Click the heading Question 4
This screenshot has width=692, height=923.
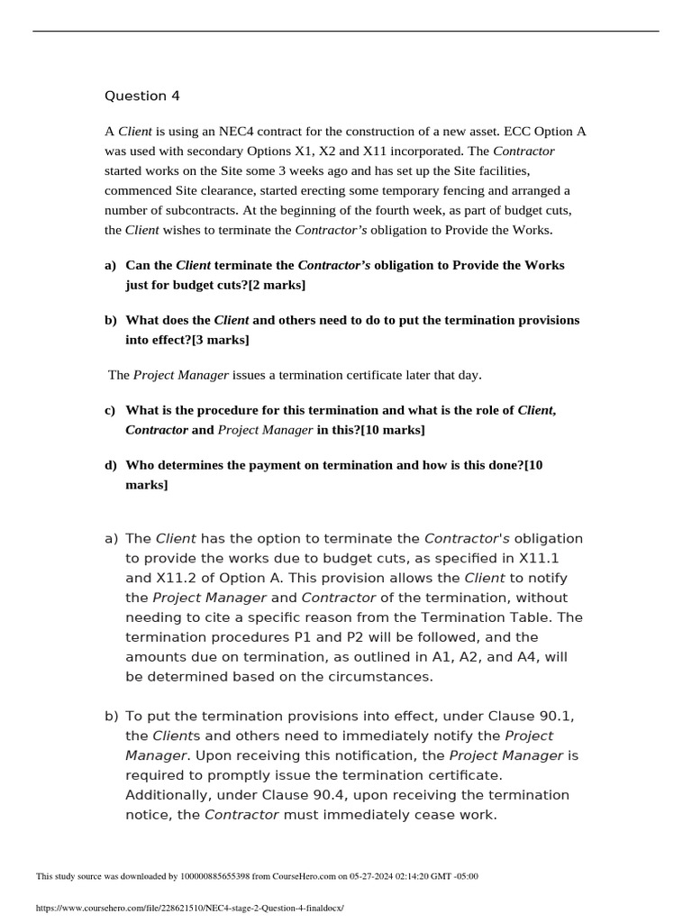[x=135, y=96]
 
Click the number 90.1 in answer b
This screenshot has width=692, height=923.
[x=556, y=716]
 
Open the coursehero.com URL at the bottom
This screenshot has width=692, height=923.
[x=189, y=909]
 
